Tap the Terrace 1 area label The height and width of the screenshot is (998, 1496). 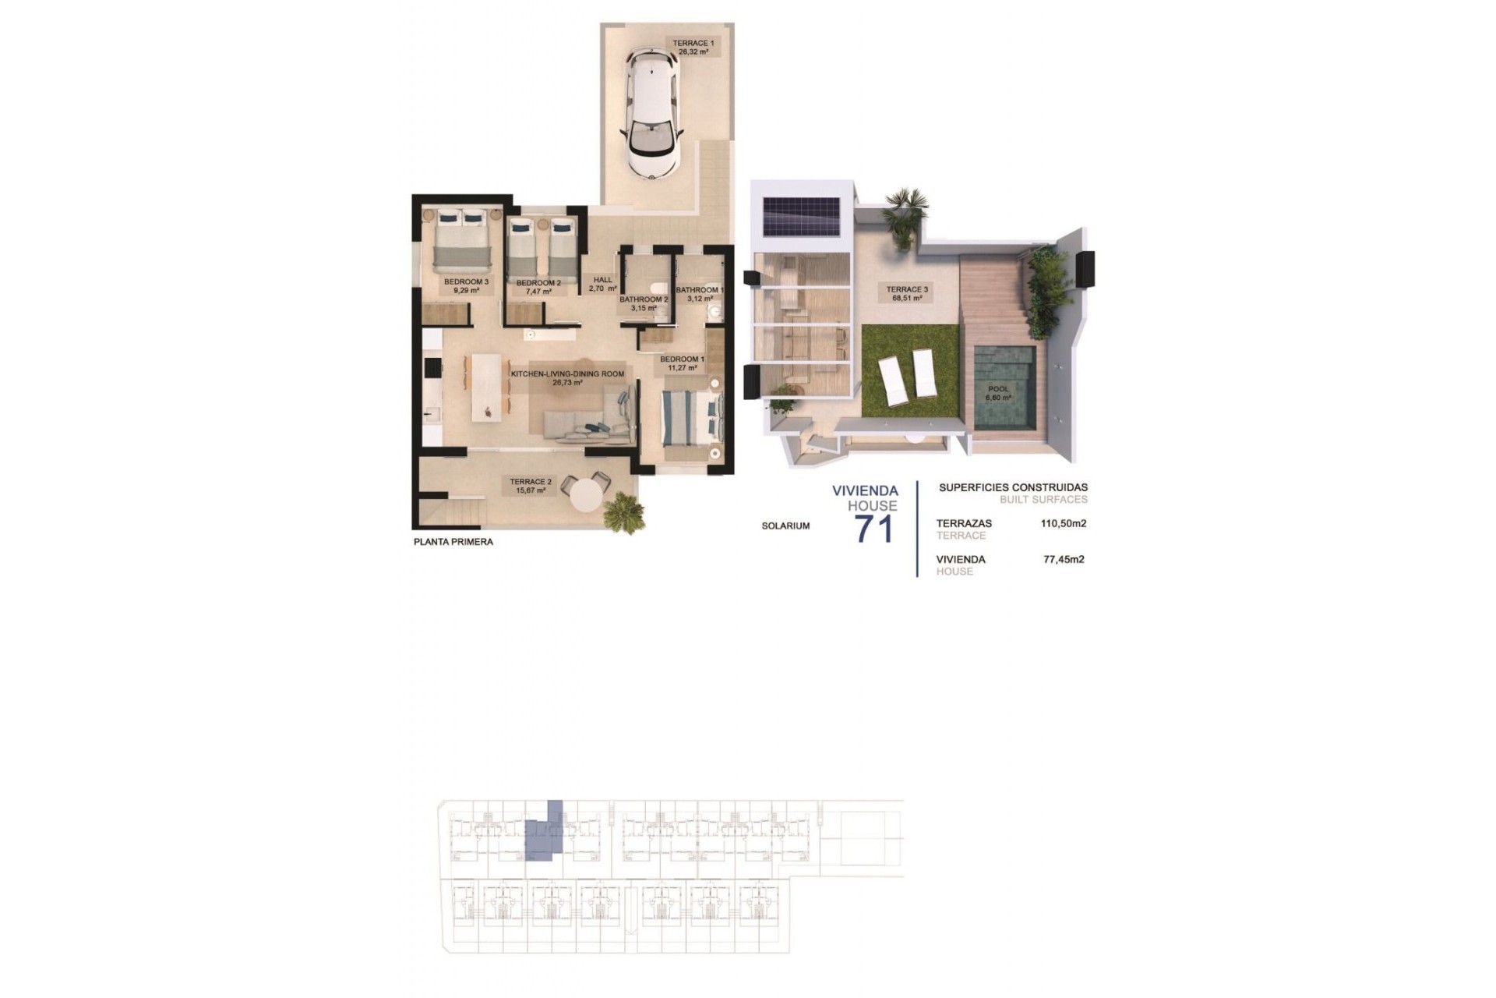[x=693, y=47]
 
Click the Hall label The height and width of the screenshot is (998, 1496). [x=602, y=284]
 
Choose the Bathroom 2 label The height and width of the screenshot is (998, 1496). [x=644, y=303]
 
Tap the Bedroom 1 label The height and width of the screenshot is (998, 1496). [x=682, y=363]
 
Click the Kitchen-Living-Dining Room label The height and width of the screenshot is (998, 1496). [x=567, y=378]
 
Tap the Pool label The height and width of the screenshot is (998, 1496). [x=998, y=393]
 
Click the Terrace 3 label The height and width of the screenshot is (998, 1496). [x=907, y=293]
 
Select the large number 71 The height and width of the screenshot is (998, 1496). [x=873, y=529]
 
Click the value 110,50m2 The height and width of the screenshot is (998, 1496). [x=1064, y=523]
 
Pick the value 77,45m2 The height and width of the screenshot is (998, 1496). [x=1064, y=559]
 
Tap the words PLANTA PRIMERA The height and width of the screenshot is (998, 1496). [x=453, y=542]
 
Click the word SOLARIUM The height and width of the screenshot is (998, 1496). [x=785, y=526]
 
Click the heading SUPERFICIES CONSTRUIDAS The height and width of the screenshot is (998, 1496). [x=1013, y=487]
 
